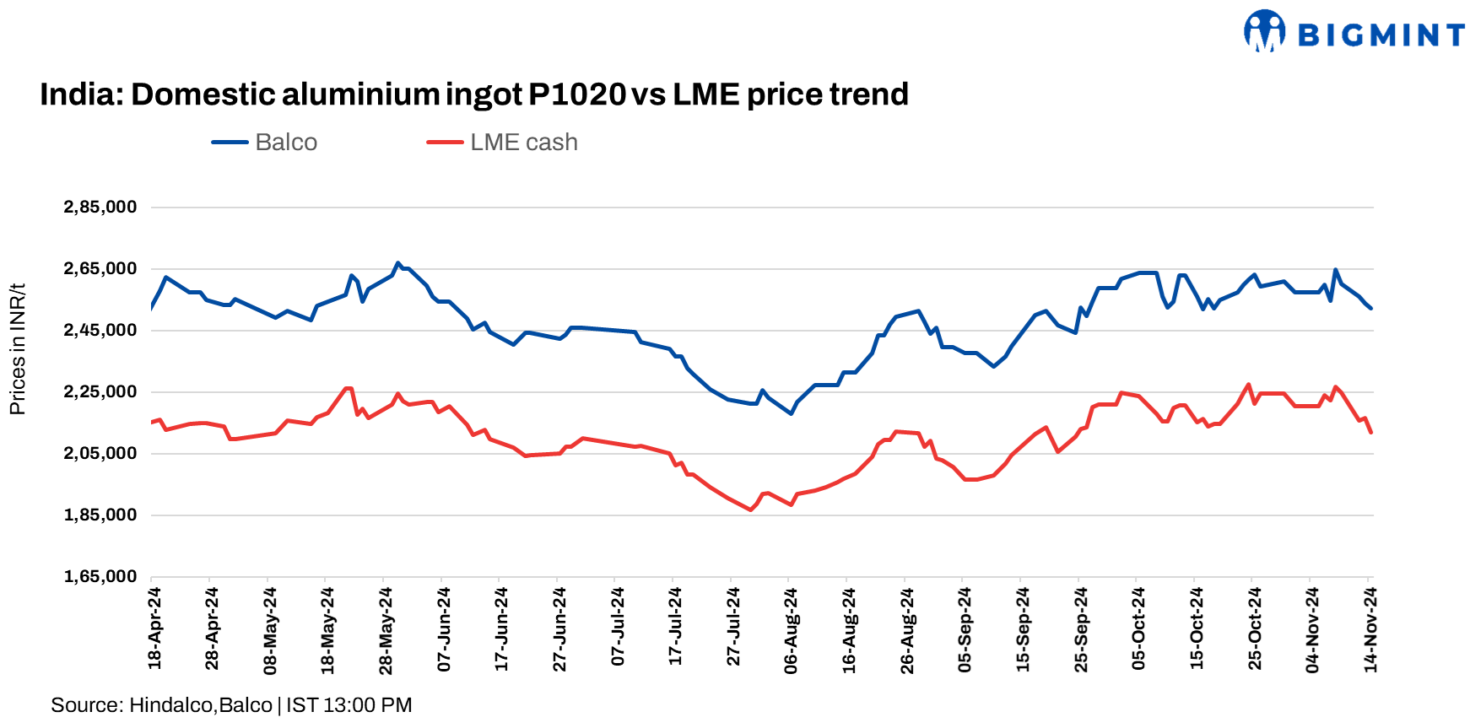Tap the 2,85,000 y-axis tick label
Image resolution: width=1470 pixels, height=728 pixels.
(x=100, y=208)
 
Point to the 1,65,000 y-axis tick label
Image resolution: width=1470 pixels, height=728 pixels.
(x=100, y=577)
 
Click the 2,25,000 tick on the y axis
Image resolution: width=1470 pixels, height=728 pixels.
(x=100, y=392)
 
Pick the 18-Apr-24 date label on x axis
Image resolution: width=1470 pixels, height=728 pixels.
(x=154, y=628)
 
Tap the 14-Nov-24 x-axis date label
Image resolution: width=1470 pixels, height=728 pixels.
(x=1370, y=629)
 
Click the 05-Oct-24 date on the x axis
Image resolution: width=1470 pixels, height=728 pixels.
(x=1138, y=628)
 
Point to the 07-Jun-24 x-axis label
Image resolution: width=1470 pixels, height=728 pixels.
(x=444, y=629)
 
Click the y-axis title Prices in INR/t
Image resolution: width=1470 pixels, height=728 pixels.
(x=18, y=349)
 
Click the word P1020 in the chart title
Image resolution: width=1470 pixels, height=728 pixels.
(x=577, y=94)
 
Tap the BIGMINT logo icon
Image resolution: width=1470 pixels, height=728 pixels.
(x=1264, y=31)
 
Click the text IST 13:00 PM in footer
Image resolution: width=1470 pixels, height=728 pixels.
(x=349, y=705)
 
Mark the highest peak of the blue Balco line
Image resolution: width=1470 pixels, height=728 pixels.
(x=398, y=263)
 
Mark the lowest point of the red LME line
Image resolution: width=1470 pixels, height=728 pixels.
(x=750, y=510)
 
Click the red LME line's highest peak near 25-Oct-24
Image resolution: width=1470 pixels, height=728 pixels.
(x=1248, y=385)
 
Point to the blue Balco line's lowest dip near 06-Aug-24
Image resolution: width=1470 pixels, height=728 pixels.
(x=791, y=413)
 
